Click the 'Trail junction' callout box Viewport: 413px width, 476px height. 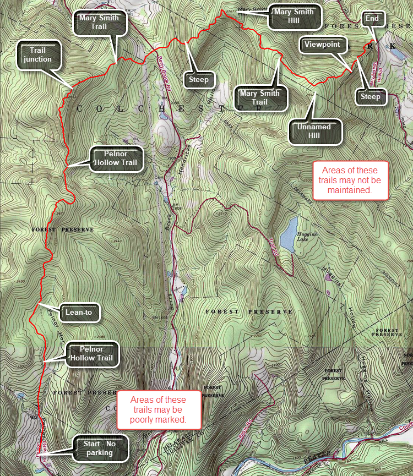[x=38, y=55]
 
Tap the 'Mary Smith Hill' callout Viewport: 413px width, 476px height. [x=294, y=17]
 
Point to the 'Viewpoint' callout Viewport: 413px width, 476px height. [x=324, y=45]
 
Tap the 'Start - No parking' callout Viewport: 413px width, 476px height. [x=100, y=448]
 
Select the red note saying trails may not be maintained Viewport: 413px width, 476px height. [x=350, y=180]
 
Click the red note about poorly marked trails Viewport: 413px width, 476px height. [x=159, y=410]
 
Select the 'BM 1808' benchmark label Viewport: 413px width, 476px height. [x=177, y=207]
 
